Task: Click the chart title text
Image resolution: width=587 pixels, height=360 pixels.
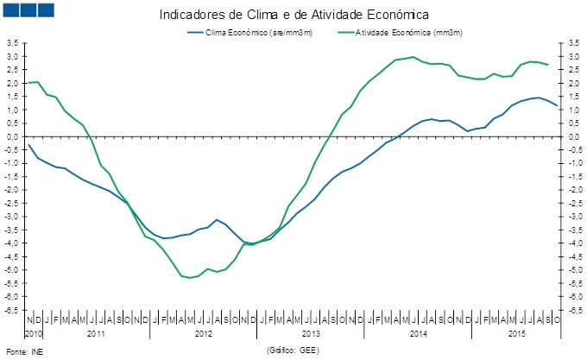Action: [x=294, y=15]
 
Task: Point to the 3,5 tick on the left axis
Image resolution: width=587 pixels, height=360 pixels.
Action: [x=12, y=42]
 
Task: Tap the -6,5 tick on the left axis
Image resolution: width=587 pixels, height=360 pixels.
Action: [x=11, y=309]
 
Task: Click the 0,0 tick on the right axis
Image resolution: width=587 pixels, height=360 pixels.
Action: [x=571, y=136]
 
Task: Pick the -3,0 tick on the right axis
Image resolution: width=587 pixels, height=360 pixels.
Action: [x=571, y=216]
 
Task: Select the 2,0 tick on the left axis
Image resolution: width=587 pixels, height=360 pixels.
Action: [x=12, y=83]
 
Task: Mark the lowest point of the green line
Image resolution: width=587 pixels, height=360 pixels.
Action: [x=190, y=277]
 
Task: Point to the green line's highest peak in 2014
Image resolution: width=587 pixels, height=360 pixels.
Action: [x=413, y=57]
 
